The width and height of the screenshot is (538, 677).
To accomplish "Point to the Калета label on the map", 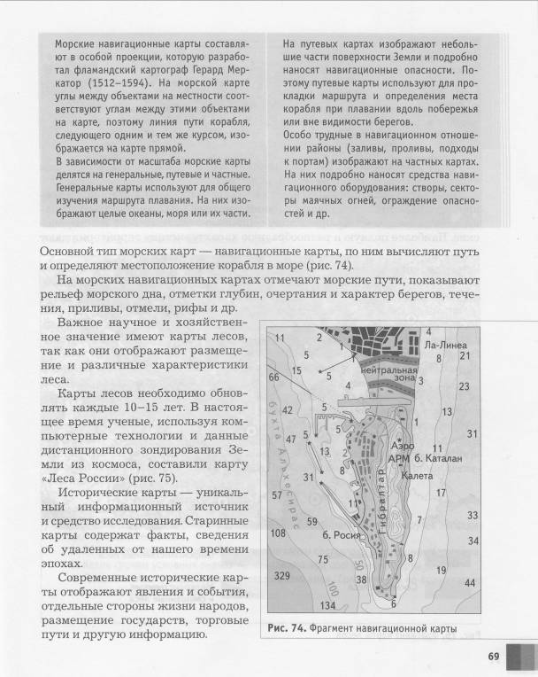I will (417, 476).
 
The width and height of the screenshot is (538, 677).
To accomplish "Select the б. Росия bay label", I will (340, 534).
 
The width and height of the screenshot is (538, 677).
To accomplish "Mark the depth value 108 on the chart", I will (279, 533).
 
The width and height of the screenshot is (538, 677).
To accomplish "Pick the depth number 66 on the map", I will (274, 377).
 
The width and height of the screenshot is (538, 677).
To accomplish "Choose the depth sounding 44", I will (469, 583).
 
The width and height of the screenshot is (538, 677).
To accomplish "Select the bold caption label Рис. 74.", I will (286, 628).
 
